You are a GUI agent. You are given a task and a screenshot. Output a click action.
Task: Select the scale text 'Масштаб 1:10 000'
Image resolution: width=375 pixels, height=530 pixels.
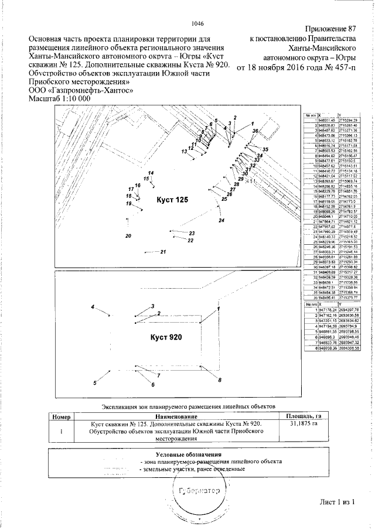pyautogui.click(x=60, y=99)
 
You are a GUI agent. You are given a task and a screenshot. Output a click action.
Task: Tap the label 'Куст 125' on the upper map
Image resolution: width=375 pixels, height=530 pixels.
pyautogui.click(x=173, y=200)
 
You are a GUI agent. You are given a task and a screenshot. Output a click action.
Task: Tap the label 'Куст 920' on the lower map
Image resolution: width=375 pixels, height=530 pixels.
pyautogui.click(x=166, y=337)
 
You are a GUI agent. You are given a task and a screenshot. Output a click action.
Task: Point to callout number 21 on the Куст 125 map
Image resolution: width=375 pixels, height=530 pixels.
pyautogui.click(x=163, y=252)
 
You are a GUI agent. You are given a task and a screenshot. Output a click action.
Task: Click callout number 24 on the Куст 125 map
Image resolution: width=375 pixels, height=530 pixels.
pyautogui.click(x=221, y=221)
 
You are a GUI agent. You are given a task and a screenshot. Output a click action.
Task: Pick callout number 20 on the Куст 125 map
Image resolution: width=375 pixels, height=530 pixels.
pyautogui.click(x=128, y=236)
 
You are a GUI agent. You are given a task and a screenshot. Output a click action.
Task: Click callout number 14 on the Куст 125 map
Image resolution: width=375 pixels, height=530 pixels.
pyautogui.click(x=151, y=173)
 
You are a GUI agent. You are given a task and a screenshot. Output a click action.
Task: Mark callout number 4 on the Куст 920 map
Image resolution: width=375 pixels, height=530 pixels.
pyautogui.click(x=92, y=307)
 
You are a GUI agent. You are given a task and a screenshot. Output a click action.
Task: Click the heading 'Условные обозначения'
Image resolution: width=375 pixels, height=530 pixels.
pyautogui.click(x=188, y=454)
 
